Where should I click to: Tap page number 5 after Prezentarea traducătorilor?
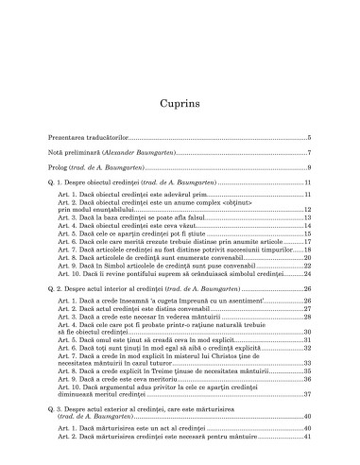tap(310, 138)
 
